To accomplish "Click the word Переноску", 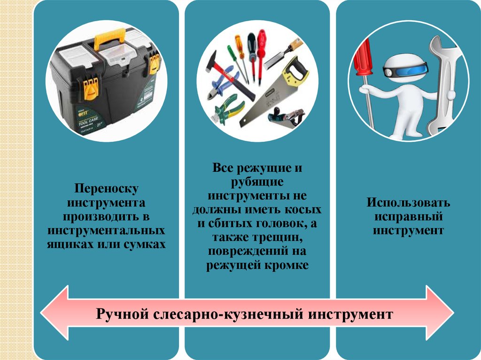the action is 107,189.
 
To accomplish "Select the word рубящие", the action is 257,182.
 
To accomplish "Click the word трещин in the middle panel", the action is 278,237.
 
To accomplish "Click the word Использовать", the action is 408,202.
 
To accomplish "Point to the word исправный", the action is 408,217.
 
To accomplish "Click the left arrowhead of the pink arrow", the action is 55,313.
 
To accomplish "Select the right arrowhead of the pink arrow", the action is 439,313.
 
